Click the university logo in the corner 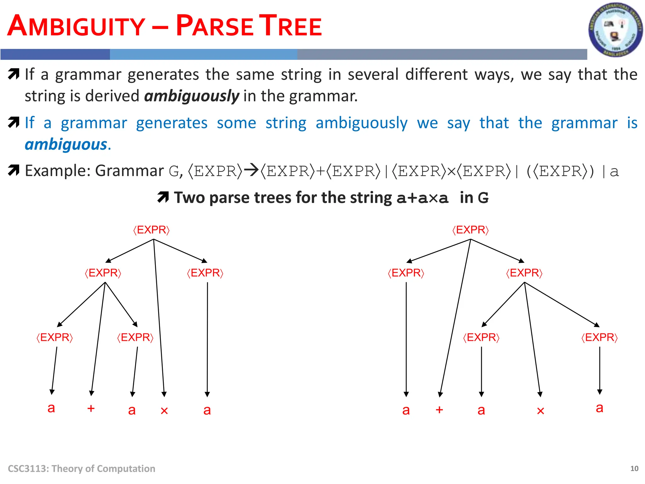click(x=615, y=30)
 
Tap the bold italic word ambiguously click(x=192, y=96)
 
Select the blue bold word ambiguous click(x=66, y=144)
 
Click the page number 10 click(x=634, y=469)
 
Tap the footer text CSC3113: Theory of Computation click(x=82, y=469)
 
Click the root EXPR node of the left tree click(x=151, y=230)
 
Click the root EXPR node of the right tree click(x=471, y=230)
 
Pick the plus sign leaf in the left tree click(x=91, y=408)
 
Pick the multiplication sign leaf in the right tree click(x=540, y=411)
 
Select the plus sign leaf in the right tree click(x=439, y=410)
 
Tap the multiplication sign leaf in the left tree click(x=164, y=411)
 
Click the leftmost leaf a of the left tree click(x=51, y=408)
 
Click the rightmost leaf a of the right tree click(x=599, y=408)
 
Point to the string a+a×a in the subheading click(x=422, y=198)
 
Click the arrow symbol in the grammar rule click(x=251, y=171)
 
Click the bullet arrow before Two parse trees click(x=163, y=197)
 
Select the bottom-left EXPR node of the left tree click(x=55, y=337)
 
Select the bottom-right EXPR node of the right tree click(x=599, y=337)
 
